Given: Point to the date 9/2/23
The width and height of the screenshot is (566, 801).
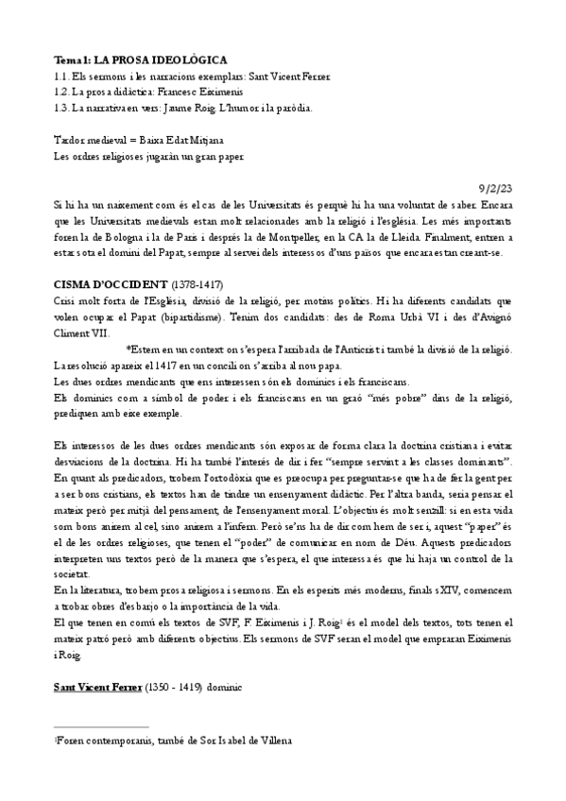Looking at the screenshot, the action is [x=495, y=187].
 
